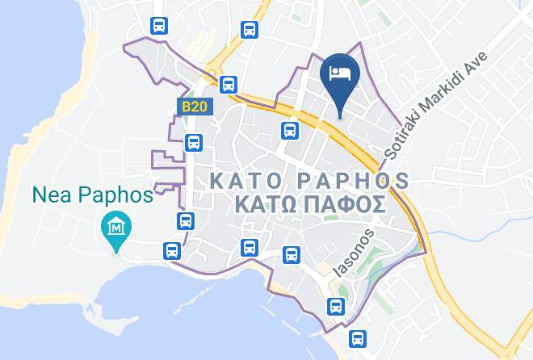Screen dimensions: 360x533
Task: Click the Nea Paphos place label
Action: point(93,195)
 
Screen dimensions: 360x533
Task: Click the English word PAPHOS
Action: point(346,178)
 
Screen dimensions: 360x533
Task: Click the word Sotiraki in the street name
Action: point(404,138)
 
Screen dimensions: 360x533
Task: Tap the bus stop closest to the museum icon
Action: point(171,250)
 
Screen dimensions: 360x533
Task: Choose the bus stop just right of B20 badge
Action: point(229,82)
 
